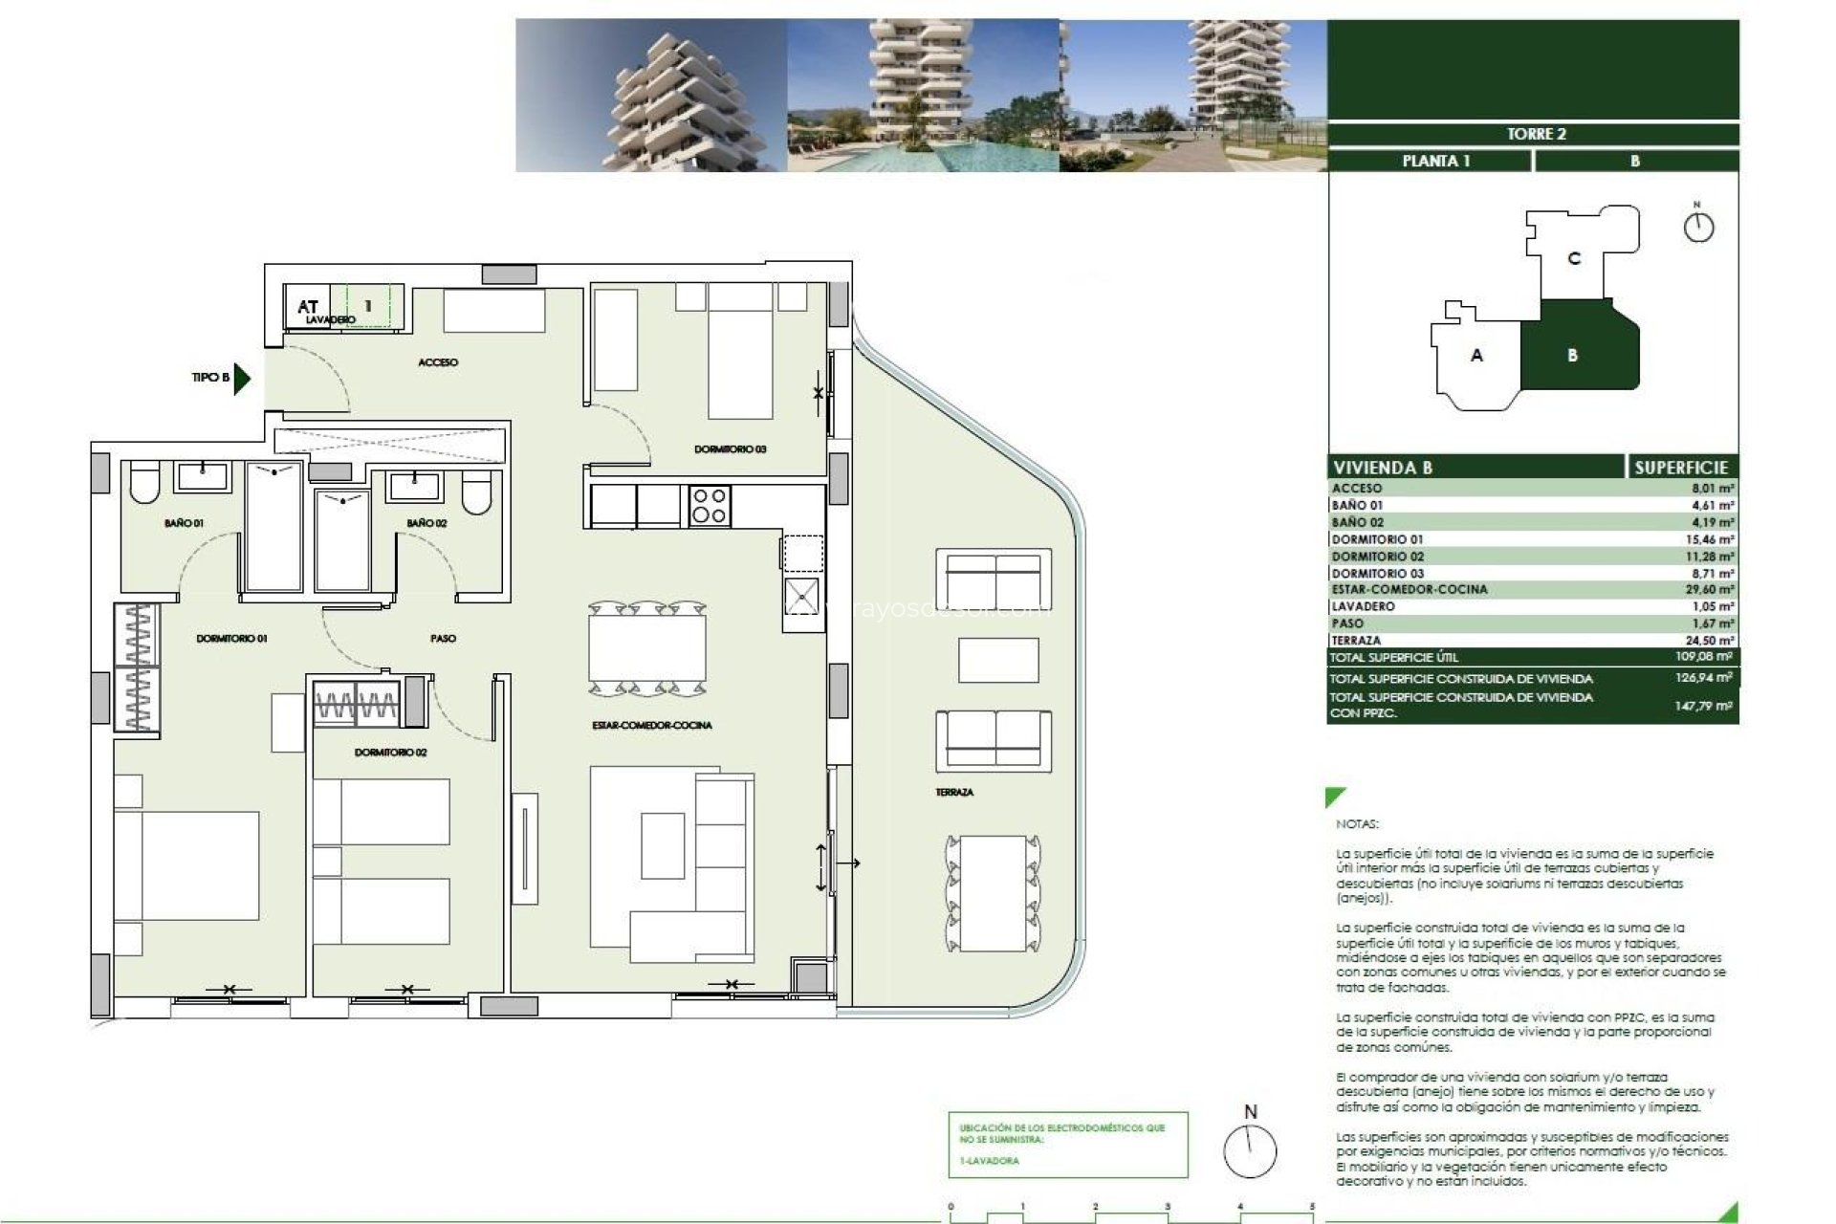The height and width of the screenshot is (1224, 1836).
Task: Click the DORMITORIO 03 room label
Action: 730,449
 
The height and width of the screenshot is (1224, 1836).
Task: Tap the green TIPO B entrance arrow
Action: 241,378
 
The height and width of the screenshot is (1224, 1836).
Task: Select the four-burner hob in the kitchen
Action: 710,506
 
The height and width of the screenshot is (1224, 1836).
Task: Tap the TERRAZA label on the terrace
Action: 954,793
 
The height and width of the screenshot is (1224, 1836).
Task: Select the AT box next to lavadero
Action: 307,306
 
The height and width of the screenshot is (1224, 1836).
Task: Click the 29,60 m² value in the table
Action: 1709,590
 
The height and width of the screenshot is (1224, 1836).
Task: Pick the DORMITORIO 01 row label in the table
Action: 1377,540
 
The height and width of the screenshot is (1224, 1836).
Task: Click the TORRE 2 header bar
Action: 1535,134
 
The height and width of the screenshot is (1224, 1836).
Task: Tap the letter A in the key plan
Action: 1476,356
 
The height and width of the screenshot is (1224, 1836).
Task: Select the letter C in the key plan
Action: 1574,258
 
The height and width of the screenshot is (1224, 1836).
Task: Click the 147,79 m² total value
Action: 1703,706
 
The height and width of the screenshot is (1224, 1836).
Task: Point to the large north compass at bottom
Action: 1250,1150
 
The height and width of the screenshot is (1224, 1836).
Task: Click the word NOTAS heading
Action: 1357,824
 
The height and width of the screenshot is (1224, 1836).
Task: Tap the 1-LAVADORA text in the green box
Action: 990,1161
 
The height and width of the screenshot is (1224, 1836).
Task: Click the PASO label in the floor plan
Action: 443,638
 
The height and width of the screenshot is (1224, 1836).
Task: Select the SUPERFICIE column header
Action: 1680,468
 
